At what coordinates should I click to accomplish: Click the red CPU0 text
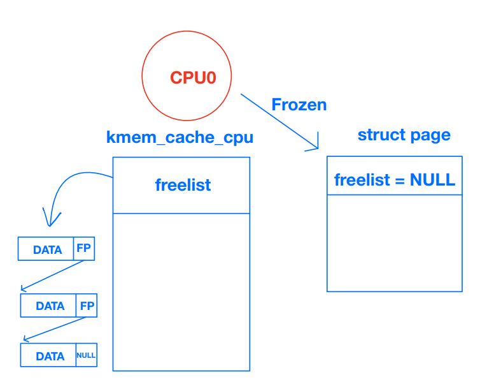click(x=193, y=78)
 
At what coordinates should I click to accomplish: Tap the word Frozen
click(x=299, y=105)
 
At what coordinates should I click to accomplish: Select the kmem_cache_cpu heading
click(x=180, y=137)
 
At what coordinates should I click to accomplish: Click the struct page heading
click(x=404, y=135)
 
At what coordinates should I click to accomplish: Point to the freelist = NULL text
click(x=395, y=180)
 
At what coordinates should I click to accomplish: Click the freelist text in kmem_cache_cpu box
click(x=183, y=185)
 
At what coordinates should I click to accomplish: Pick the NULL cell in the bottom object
click(x=86, y=355)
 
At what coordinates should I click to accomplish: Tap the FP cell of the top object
click(x=83, y=249)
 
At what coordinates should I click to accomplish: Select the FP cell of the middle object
click(x=87, y=305)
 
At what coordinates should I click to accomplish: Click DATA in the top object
click(x=47, y=249)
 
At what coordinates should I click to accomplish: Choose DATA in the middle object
click(x=50, y=306)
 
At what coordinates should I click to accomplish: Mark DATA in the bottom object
click(x=50, y=356)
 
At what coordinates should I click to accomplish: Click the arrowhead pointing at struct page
click(x=314, y=146)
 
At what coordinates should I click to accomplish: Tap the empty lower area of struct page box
click(x=395, y=242)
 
